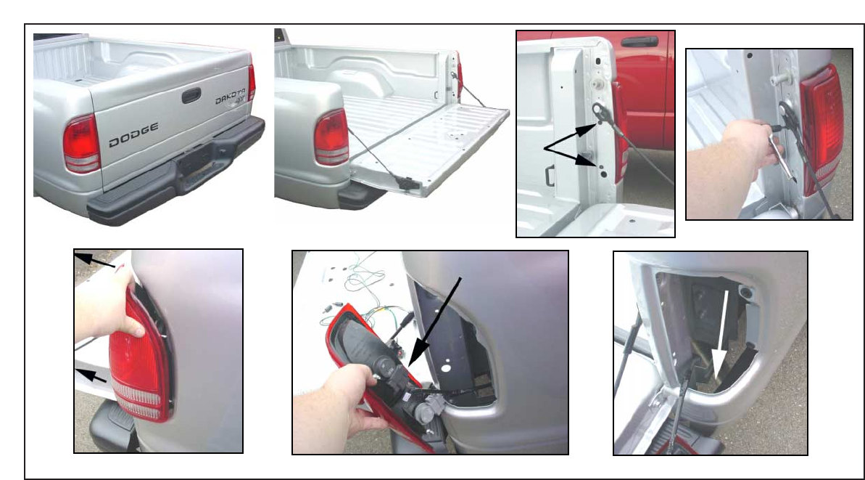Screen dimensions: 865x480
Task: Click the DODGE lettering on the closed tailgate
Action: click(133, 135)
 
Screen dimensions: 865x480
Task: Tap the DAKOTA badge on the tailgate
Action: click(230, 97)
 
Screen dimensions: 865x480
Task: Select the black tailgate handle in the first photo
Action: click(191, 95)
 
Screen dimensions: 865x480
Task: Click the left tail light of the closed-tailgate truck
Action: click(81, 144)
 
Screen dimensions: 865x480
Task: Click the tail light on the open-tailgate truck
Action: click(331, 137)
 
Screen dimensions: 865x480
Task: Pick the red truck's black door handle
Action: click(640, 41)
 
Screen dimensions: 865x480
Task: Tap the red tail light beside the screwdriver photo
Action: click(821, 128)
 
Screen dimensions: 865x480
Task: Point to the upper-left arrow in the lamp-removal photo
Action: click(94, 260)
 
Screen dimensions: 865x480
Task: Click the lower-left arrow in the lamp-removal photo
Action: click(91, 375)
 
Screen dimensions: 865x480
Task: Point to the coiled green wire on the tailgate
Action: click(361, 282)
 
